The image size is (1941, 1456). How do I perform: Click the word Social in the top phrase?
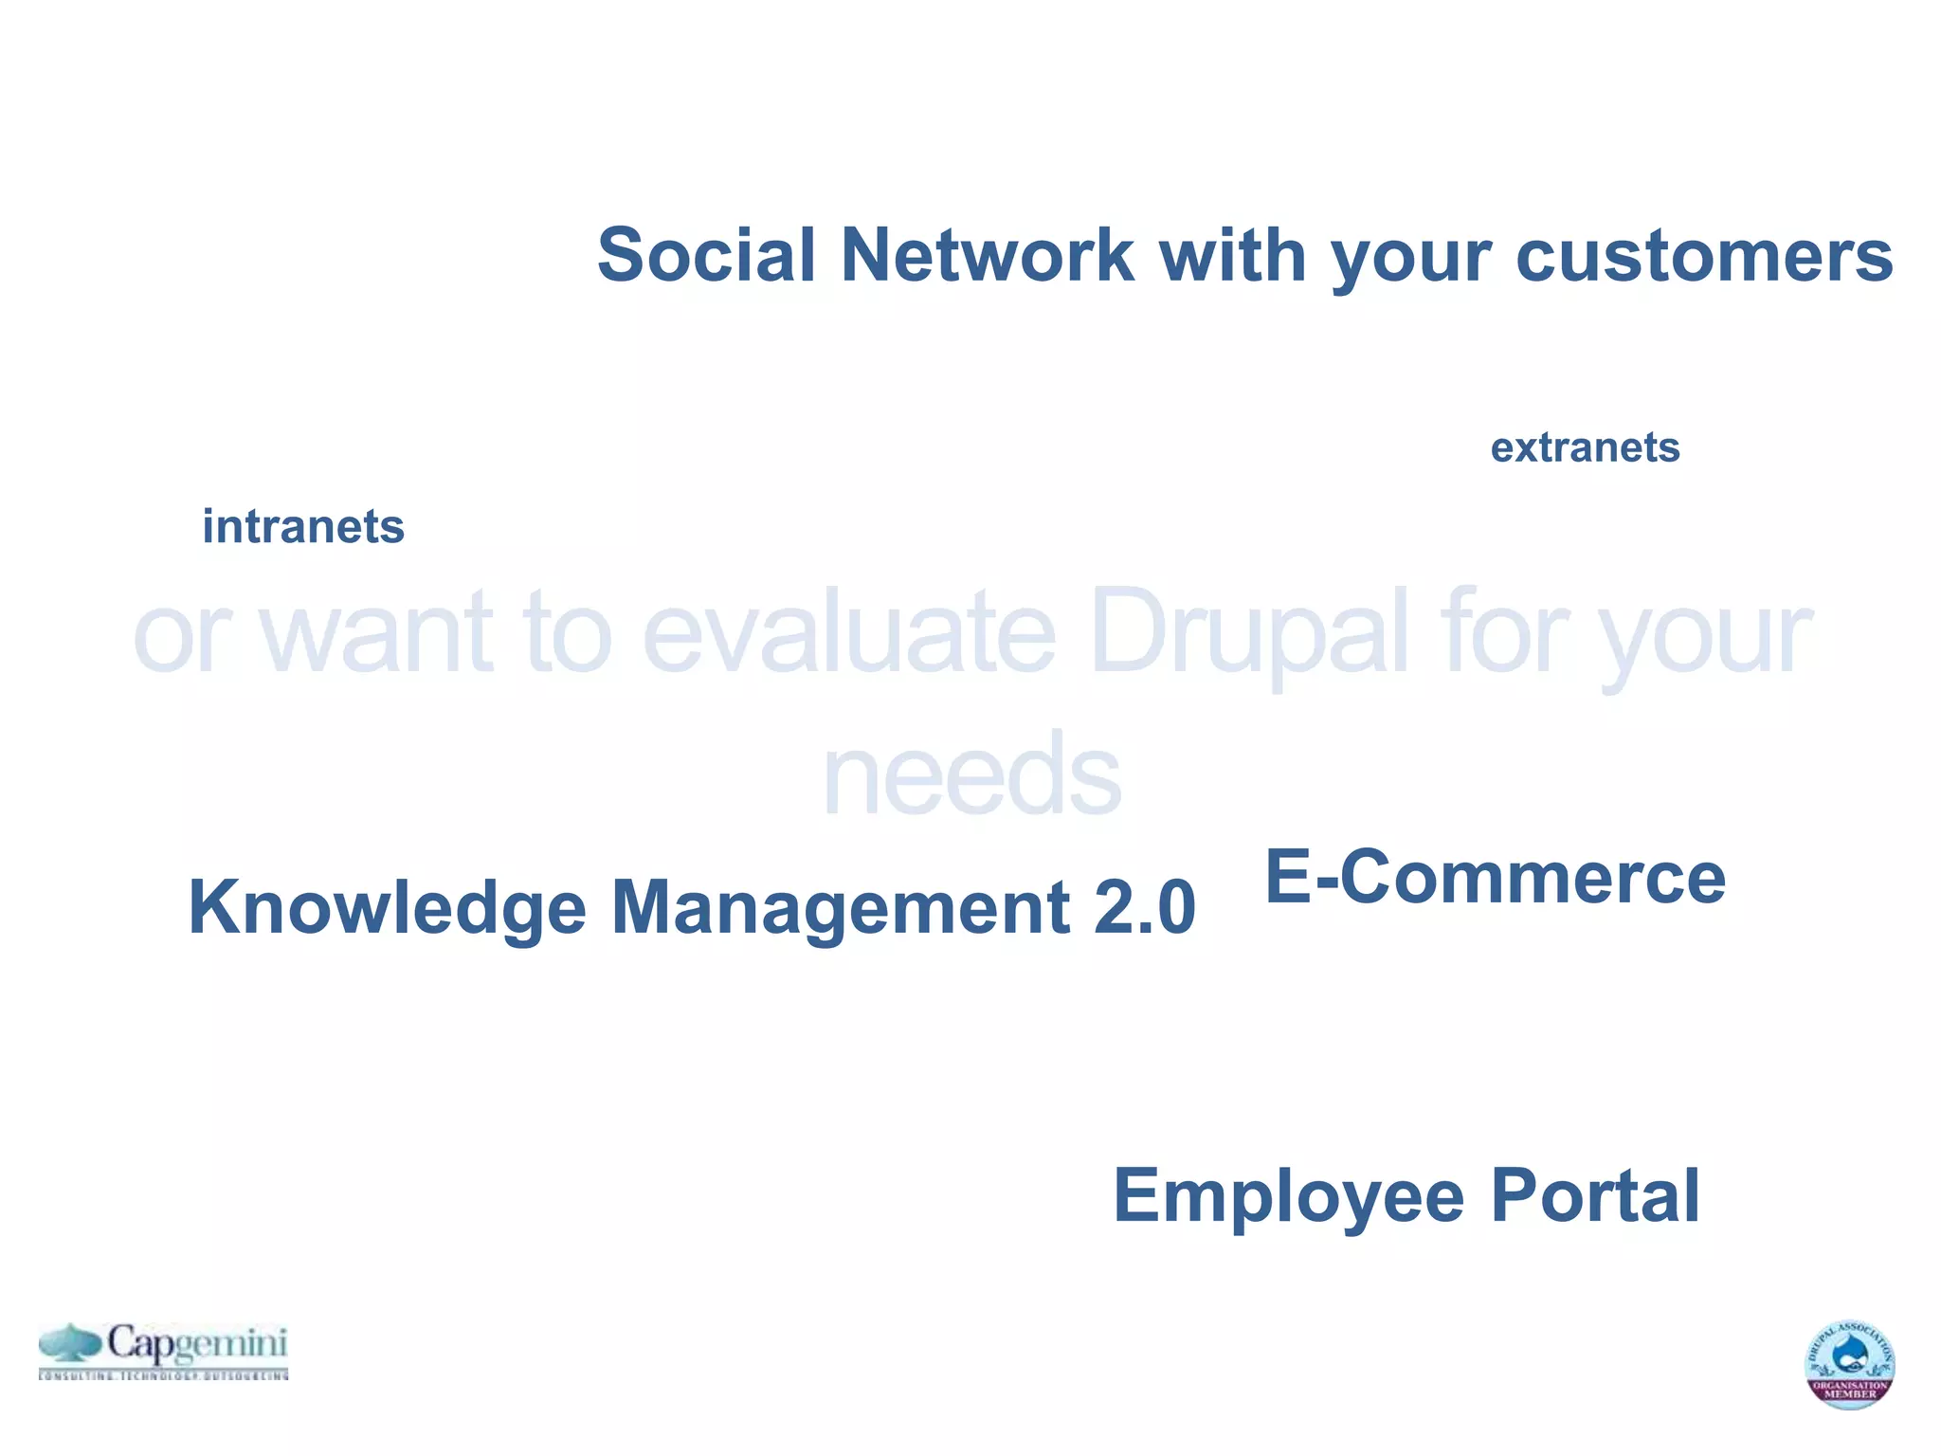point(706,255)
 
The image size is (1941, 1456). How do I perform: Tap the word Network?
point(987,255)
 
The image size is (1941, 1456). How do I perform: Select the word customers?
point(1704,255)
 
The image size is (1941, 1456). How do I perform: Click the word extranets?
point(1585,447)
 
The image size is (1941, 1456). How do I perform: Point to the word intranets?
point(303,526)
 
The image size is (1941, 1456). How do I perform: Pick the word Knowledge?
point(387,907)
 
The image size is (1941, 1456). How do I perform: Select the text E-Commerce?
point(1495,877)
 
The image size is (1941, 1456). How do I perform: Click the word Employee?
point(1288,1195)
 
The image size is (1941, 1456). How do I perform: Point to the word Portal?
point(1595,1195)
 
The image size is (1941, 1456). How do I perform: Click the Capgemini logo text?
point(196,1343)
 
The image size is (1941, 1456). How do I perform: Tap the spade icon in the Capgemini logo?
point(70,1343)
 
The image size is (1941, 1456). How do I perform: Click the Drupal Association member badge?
point(1849,1364)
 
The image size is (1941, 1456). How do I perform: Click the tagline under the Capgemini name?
point(163,1374)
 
